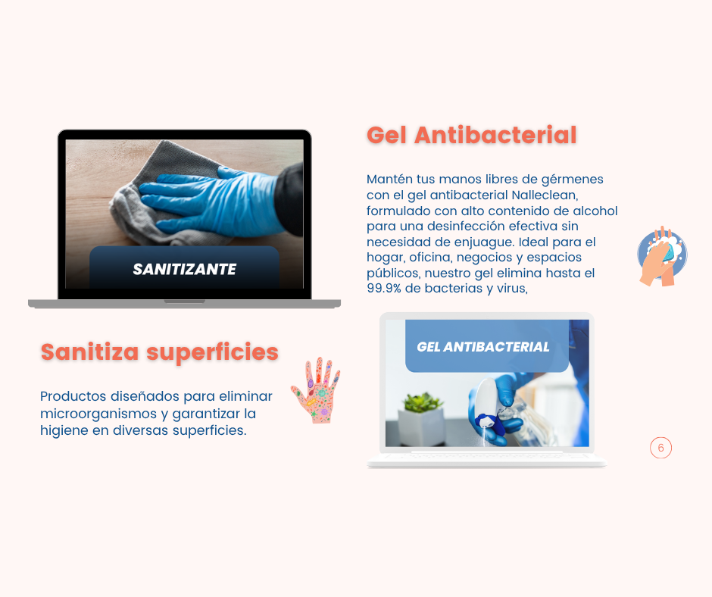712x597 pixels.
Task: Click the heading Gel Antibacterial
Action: pyautogui.click(x=471, y=136)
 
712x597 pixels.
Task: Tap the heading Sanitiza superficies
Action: pyautogui.click(x=159, y=352)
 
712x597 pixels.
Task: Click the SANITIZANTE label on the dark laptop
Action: pyautogui.click(x=184, y=269)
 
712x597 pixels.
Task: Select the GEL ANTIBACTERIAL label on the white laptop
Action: pyautogui.click(x=483, y=347)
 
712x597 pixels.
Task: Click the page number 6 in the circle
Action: pyautogui.click(x=660, y=448)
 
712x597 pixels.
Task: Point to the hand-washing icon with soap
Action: pyautogui.click(x=662, y=256)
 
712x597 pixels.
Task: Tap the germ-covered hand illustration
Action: pyautogui.click(x=316, y=390)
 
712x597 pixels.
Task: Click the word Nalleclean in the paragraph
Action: pyautogui.click(x=545, y=195)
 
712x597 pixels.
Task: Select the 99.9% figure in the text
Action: pyautogui.click(x=384, y=288)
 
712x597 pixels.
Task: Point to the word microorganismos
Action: pyautogui.click(x=98, y=414)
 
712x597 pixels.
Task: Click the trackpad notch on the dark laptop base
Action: pyautogui.click(x=184, y=302)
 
